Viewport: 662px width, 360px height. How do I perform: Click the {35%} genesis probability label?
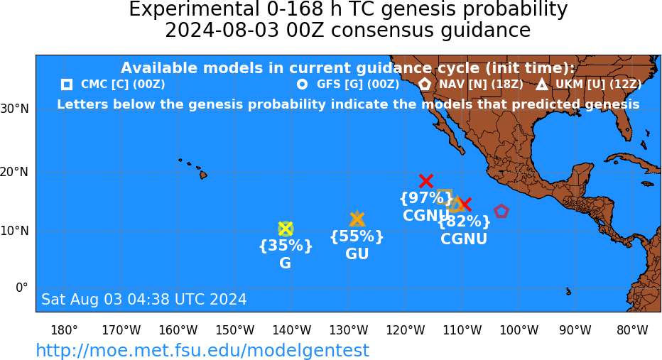tap(286, 245)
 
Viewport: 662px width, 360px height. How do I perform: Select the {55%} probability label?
tap(357, 236)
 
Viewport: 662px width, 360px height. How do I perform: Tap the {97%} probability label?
tap(426, 197)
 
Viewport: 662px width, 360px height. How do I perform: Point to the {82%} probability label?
tap(464, 221)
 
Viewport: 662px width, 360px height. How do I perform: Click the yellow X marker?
tap(286, 229)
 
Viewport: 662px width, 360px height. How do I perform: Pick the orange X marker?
tap(357, 219)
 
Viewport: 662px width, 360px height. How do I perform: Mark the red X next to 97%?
tap(426, 181)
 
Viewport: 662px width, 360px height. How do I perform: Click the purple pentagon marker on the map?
tap(501, 211)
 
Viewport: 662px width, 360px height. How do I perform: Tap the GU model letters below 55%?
tap(357, 253)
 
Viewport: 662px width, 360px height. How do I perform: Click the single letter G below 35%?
tap(286, 263)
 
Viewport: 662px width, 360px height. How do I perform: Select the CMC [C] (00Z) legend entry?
tap(113, 84)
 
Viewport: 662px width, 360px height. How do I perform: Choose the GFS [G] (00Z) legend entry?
tap(348, 84)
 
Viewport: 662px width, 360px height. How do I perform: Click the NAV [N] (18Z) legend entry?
tap(471, 84)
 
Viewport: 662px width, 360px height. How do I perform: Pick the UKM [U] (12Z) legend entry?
tap(589, 84)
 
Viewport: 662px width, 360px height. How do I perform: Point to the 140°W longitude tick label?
tap(292, 330)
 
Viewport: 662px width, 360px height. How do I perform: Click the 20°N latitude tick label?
tap(15, 173)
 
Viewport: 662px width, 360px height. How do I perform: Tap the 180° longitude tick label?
tap(64, 330)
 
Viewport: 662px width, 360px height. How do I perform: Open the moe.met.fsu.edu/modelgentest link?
tap(202, 350)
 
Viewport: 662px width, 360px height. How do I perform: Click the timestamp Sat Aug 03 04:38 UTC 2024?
tap(144, 299)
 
